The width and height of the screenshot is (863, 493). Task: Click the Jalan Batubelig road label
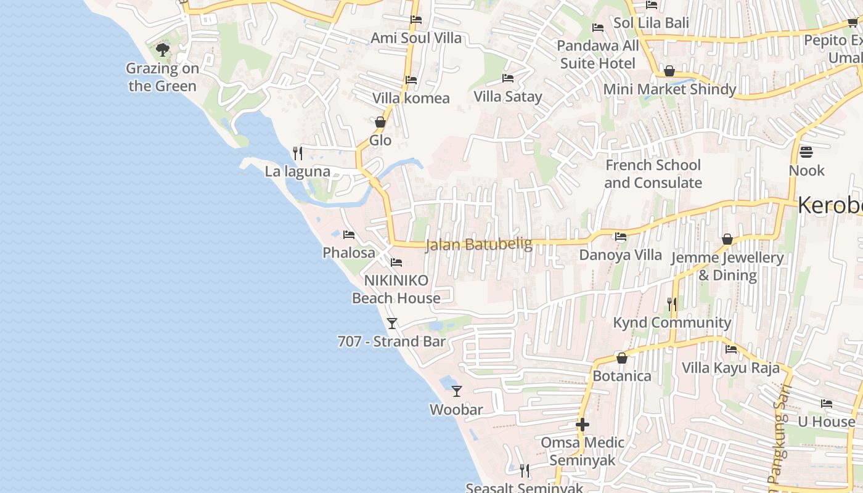(x=479, y=245)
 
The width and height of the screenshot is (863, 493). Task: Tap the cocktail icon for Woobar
(x=457, y=391)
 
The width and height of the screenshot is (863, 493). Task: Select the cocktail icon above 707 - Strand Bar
(x=392, y=323)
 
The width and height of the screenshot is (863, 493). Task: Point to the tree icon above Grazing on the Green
(x=163, y=49)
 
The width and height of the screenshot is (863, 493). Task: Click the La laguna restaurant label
(x=298, y=171)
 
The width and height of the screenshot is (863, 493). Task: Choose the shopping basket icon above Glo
(x=380, y=122)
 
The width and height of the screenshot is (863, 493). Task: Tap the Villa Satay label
(x=508, y=96)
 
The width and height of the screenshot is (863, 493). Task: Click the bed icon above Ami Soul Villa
(x=416, y=20)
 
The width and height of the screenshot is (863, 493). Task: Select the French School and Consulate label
(x=653, y=174)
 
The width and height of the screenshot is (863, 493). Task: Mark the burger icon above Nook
(x=806, y=152)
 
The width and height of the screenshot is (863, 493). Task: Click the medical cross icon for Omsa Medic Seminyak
(x=583, y=425)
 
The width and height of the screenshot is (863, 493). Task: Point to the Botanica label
(x=622, y=376)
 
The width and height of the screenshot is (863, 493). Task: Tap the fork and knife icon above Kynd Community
(x=672, y=304)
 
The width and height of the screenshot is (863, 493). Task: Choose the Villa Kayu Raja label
(x=730, y=368)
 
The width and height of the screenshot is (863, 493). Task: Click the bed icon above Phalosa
(x=349, y=235)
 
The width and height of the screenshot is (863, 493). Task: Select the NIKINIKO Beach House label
(x=396, y=289)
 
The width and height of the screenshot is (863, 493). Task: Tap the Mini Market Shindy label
(x=669, y=89)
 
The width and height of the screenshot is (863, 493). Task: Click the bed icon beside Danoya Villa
(x=621, y=237)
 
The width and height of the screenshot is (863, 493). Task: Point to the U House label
(x=827, y=422)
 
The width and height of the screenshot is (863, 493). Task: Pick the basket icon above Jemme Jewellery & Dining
(x=727, y=239)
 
